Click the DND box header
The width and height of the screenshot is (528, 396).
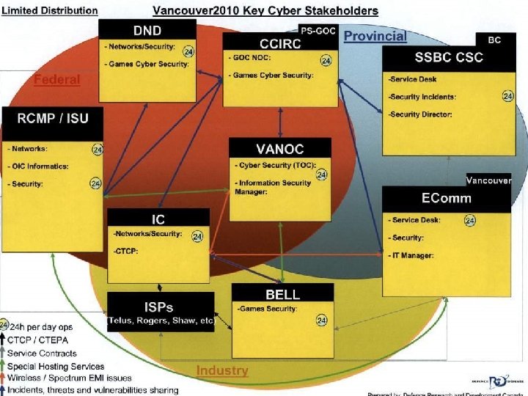coord(147,30)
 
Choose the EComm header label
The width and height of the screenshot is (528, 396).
coord(446,198)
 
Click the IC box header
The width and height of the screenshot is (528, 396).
coord(158,219)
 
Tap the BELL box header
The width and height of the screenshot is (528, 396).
coord(282,294)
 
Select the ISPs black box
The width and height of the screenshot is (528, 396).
coord(161,311)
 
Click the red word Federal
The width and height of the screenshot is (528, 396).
coord(56,79)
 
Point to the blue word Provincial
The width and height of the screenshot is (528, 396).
coord(375,36)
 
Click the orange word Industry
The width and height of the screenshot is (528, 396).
coord(222,371)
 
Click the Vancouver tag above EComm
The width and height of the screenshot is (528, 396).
coord(488,180)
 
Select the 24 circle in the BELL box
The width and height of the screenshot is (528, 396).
coord(321,320)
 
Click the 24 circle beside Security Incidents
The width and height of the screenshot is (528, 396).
coord(507,96)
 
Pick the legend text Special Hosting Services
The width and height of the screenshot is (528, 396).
coord(56,366)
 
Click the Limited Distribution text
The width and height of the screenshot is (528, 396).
coord(49,10)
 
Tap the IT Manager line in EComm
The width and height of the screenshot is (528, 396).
coord(414,255)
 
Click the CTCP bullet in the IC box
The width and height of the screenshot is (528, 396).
coord(127,252)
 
